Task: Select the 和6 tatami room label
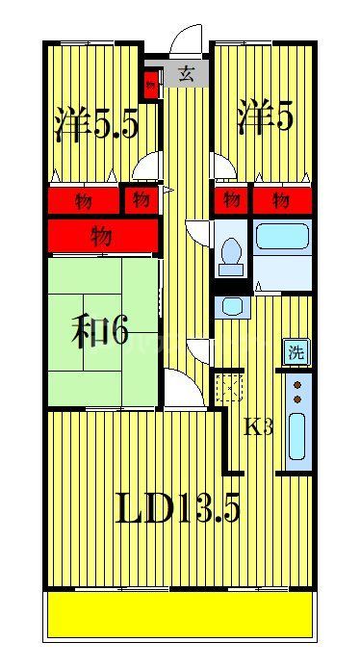[100, 331]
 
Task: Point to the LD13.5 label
[178, 508]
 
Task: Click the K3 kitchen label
[258, 427]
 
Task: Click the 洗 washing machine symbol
[296, 353]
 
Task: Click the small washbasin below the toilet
[231, 306]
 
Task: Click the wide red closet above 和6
[100, 234]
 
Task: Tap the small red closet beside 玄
[150, 84]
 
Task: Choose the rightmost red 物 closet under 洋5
[282, 200]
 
